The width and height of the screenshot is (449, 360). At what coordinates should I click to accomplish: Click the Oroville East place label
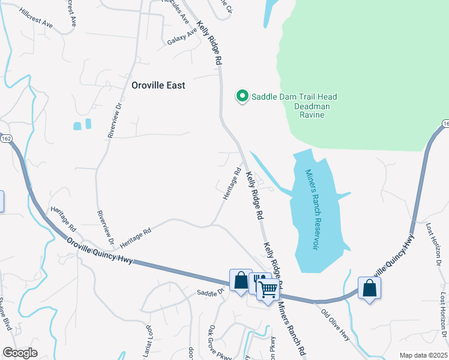158,85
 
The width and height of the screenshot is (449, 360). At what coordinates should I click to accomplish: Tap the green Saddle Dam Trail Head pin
242,96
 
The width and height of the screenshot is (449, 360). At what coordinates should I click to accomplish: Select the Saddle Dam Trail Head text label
294,97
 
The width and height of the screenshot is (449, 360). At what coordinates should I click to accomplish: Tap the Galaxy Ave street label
182,37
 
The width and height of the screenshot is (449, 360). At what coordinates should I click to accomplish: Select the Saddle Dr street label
210,292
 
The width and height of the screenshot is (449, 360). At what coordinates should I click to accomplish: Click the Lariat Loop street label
146,337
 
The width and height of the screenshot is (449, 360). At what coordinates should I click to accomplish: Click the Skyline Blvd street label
5,316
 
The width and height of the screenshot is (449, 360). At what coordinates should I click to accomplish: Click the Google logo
20,353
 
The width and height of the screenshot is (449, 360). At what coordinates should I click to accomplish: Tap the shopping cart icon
268,289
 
